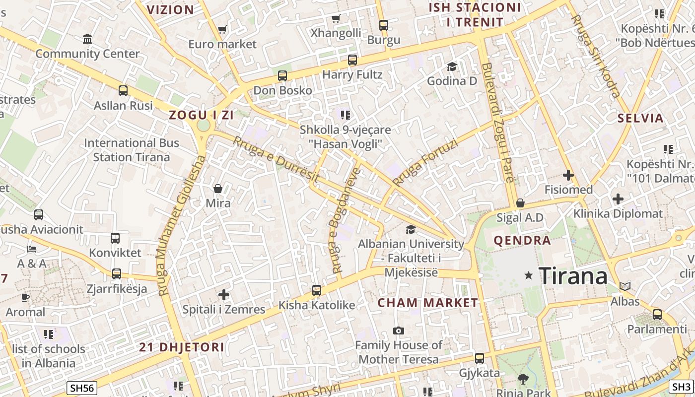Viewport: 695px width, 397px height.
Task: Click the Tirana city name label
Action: point(573,275)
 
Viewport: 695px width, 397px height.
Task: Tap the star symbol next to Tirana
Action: point(529,275)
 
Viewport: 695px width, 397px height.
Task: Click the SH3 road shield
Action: point(681,387)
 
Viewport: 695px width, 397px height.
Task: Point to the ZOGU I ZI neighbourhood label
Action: point(201,115)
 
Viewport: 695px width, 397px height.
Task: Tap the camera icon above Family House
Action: point(398,331)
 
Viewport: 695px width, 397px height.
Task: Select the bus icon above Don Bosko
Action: point(282,76)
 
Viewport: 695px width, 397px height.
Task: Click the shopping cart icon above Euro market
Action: point(222,30)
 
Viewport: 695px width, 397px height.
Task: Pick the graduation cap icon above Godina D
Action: point(452,66)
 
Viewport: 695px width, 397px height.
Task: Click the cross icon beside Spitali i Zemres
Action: point(224,295)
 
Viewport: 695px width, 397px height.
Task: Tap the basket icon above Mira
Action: point(218,189)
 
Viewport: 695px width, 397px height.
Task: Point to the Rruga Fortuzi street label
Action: point(425,163)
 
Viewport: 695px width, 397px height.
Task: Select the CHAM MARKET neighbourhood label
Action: point(428,303)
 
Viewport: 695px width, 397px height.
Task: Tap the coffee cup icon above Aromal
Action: point(25,297)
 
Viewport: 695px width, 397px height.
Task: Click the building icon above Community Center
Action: point(87,39)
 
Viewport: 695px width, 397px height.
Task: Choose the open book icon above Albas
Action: point(625,286)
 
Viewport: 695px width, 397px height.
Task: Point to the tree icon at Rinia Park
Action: point(523,379)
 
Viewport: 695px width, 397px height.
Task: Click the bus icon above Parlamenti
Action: point(657,314)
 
